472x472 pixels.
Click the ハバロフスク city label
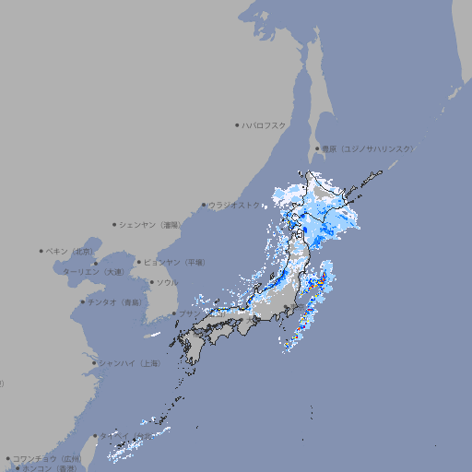(265, 124)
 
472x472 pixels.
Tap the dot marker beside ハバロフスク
(237, 124)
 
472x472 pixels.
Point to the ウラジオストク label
(235, 206)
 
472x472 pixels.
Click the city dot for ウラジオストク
(204, 206)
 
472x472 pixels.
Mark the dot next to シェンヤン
(114, 224)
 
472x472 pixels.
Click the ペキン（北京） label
(71, 251)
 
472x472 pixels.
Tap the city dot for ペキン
(41, 251)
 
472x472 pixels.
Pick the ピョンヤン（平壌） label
(174, 262)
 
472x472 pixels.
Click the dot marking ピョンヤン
(140, 262)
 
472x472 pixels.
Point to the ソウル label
(167, 282)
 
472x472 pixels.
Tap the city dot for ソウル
(151, 282)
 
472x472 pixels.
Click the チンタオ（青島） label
(115, 301)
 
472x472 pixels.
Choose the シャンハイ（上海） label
(129, 363)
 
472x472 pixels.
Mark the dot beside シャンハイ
(94, 363)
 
